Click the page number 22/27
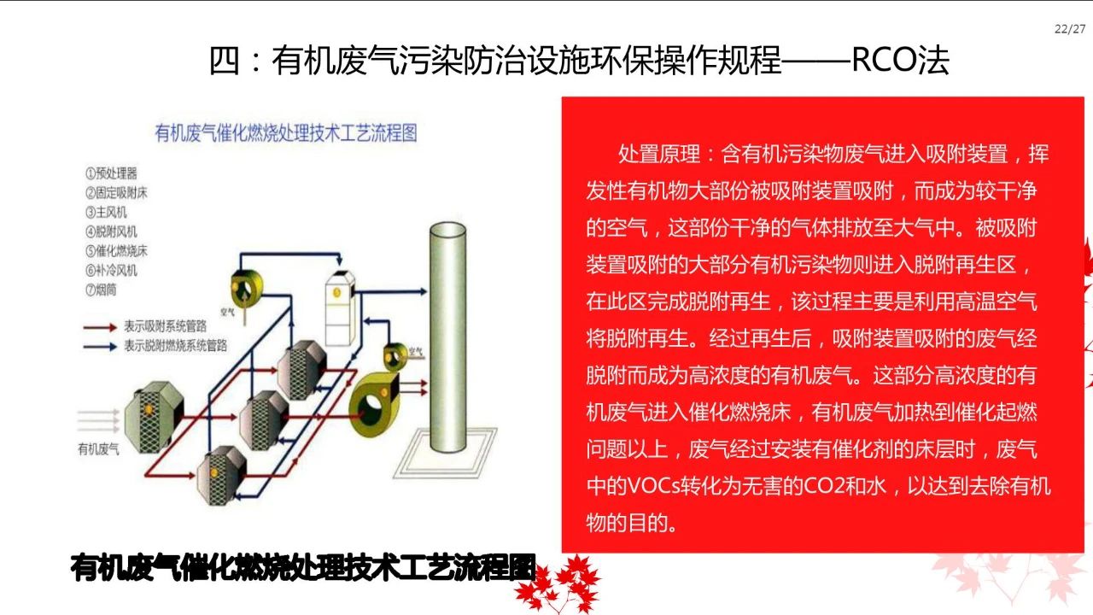pos(1070,29)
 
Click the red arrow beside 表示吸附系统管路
pos(100,325)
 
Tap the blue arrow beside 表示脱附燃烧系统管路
pos(100,346)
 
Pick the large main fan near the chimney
pos(383,401)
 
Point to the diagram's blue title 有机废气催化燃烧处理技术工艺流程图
pos(285,132)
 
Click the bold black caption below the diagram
pos(303,568)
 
